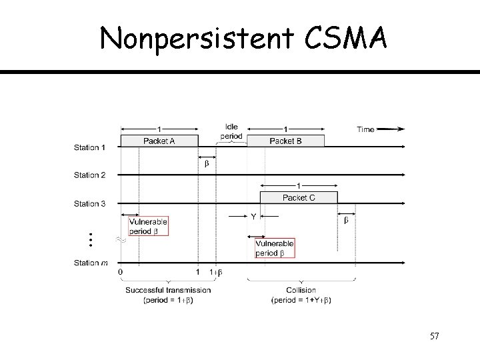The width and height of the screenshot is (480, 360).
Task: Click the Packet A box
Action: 159,141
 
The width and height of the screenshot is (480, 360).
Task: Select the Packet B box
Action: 285,141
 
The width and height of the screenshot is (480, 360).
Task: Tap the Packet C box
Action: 298,197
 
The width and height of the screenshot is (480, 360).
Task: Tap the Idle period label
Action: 231,131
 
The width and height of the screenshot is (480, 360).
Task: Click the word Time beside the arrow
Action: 366,129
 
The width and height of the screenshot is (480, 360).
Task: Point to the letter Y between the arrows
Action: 253,217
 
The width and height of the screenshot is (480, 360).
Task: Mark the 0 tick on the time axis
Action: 120,272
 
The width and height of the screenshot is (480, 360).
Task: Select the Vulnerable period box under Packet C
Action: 274,249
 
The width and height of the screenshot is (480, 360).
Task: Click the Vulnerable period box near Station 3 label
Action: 148,226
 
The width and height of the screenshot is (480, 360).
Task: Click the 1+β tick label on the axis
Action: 216,272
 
